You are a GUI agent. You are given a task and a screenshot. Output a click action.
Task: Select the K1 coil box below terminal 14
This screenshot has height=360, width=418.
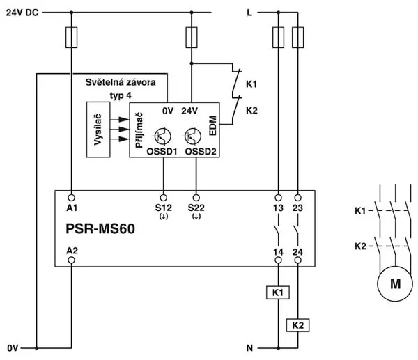278,292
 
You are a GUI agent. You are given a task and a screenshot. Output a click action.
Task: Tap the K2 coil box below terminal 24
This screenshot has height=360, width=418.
297,325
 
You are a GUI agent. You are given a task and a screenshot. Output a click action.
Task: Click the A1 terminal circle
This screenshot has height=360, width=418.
72,198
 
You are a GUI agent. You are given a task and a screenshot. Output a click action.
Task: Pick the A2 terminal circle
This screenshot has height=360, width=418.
72,260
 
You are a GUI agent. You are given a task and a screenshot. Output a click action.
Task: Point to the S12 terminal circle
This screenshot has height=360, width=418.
164,198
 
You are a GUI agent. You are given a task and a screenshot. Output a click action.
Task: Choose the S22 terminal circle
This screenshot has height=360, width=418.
196,198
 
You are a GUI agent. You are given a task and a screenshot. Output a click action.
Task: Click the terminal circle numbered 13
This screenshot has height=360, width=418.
278,198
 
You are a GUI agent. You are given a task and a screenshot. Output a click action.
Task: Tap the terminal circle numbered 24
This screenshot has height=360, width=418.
297,260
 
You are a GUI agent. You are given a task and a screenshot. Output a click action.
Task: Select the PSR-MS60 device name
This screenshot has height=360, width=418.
100,228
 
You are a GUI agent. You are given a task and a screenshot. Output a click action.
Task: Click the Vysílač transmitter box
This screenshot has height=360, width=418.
98,130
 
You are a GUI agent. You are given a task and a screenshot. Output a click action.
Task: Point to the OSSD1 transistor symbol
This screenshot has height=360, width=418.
162,136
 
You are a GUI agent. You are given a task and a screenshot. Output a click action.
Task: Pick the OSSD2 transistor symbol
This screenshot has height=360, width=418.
192,136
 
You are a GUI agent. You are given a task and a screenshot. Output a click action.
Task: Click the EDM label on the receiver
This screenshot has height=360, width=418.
212,125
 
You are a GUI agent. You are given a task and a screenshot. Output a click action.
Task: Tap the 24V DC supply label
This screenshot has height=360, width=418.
22,13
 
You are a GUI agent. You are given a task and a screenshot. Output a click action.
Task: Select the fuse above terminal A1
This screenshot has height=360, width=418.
72,38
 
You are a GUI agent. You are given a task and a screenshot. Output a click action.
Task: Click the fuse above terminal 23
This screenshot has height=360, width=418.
297,38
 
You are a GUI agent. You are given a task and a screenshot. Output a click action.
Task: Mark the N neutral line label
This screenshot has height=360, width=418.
249,348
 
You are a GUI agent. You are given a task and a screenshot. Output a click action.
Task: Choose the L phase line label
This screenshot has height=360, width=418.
249,13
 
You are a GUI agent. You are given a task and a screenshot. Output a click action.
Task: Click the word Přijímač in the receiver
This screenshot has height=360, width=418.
139,130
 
